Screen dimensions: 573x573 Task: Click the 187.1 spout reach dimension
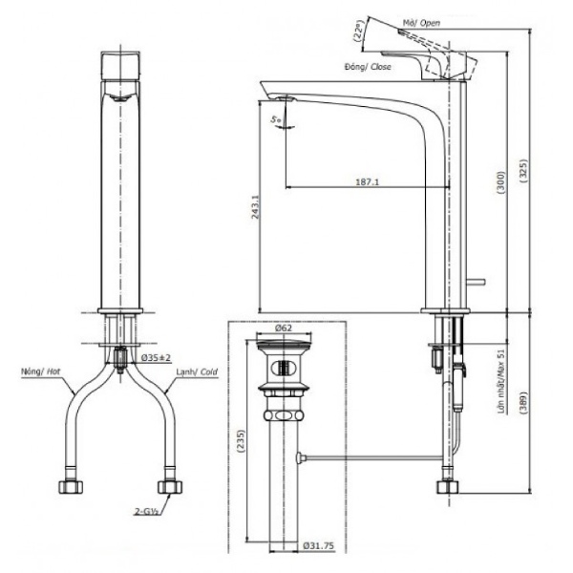[x=368, y=181]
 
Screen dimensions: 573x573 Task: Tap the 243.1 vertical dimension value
[x=255, y=207]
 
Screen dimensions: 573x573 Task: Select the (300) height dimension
[x=501, y=182]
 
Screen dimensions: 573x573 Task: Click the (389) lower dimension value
[x=523, y=403]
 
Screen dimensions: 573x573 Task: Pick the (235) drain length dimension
[x=241, y=441]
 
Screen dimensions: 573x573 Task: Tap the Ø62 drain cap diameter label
[x=284, y=328]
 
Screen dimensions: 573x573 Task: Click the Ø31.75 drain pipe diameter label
[x=318, y=545]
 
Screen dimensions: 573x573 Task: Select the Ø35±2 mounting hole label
[x=156, y=357]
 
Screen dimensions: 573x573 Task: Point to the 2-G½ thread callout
[x=146, y=512]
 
